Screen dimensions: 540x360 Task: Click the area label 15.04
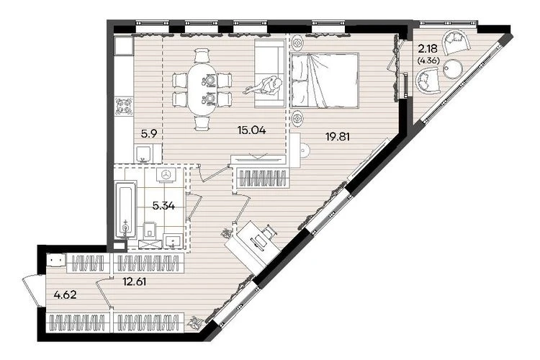click(x=251, y=130)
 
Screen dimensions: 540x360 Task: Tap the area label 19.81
click(x=338, y=137)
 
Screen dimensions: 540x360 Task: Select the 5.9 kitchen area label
click(x=149, y=134)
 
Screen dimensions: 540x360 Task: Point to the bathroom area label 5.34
click(x=163, y=207)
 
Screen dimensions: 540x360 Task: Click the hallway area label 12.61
click(x=135, y=282)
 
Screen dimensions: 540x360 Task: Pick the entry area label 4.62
click(x=65, y=295)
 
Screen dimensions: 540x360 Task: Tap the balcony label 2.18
click(x=428, y=48)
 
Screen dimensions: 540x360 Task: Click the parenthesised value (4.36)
click(x=428, y=61)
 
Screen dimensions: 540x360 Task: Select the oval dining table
click(x=202, y=89)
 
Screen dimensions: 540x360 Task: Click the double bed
click(x=325, y=80)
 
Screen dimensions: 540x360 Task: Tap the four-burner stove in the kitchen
click(x=124, y=106)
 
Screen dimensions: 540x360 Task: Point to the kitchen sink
click(x=143, y=153)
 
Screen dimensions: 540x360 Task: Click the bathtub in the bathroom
click(x=126, y=210)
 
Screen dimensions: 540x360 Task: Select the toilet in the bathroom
click(x=149, y=230)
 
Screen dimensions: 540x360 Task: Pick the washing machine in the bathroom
click(x=167, y=175)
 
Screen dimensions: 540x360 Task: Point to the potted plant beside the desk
click(x=226, y=233)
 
